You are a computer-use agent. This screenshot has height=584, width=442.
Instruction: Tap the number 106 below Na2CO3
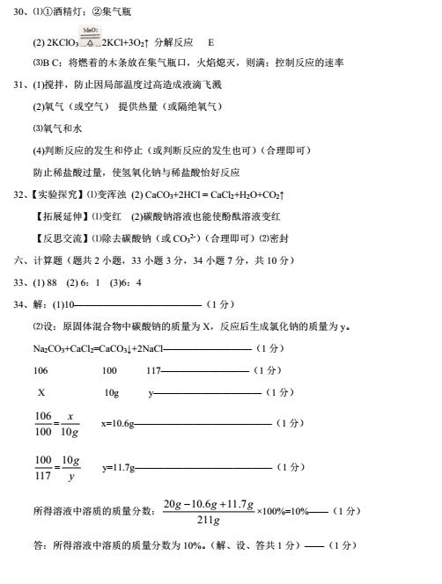click(41, 371)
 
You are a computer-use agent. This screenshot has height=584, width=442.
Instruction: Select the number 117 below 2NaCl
click(154, 371)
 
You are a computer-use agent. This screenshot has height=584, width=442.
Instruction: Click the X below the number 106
click(41, 392)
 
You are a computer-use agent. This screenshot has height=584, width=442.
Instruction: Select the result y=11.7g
click(118, 468)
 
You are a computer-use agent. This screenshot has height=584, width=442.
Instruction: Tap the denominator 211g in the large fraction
click(208, 521)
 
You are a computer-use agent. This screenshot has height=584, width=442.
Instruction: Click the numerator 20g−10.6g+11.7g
click(209, 505)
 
